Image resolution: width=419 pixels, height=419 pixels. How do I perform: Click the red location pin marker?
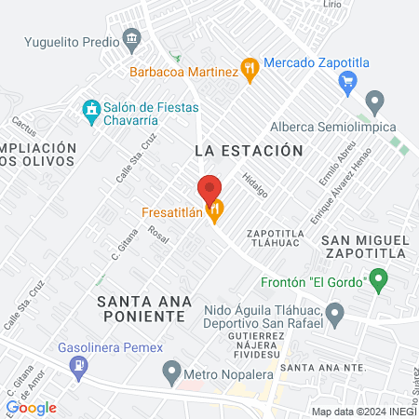pos(209,189)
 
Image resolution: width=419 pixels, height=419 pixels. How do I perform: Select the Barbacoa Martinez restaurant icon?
pos(249,67)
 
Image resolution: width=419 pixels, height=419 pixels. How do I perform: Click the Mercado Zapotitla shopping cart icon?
pos(349,80)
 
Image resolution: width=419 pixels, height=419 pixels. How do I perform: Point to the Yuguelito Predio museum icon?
pos(132,39)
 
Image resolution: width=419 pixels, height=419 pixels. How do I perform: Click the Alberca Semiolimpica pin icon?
pos(375,100)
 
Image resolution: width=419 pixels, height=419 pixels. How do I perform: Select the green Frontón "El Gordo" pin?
pos(378,278)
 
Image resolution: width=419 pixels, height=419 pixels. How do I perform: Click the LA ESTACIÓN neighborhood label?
pos(250,150)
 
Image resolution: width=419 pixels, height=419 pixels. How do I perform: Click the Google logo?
pos(32,407)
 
